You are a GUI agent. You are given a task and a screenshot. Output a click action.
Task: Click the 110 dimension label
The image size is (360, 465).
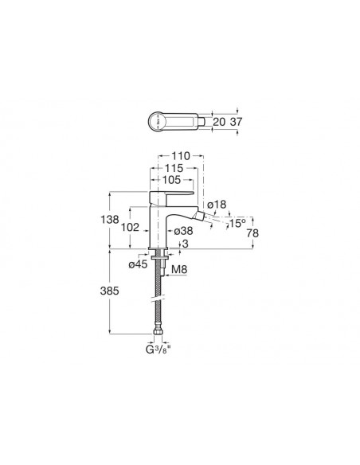click(x=180, y=156)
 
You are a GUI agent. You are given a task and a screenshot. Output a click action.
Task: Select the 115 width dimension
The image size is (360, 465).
click(x=174, y=168)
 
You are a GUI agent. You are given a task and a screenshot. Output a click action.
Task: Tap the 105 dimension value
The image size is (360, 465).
click(x=171, y=180)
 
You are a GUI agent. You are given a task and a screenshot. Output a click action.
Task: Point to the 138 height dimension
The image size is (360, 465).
click(x=110, y=220)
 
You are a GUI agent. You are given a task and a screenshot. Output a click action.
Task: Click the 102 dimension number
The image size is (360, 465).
click(x=130, y=228)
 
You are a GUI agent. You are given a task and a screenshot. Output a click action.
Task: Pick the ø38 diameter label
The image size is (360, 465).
click(x=183, y=231)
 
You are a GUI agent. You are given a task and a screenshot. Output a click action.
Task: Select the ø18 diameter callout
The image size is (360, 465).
click(x=217, y=205)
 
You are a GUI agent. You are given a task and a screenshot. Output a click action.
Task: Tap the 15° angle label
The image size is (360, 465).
click(x=237, y=223)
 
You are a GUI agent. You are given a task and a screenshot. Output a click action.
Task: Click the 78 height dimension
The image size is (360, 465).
click(x=252, y=233)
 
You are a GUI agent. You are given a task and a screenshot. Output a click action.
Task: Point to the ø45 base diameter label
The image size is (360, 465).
click(x=138, y=264)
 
